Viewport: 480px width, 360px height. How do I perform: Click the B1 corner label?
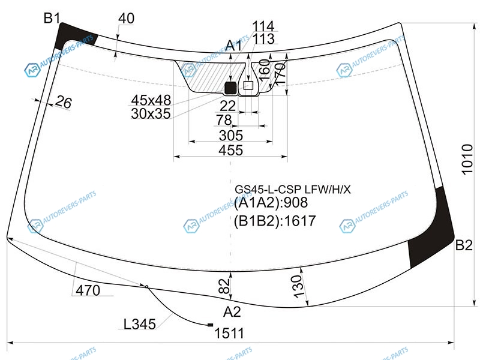coord(52,18)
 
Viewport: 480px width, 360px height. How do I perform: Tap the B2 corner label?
coord(464,245)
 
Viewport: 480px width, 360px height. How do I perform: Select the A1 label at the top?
coord(234,44)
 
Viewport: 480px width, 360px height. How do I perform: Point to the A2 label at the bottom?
coord(232,311)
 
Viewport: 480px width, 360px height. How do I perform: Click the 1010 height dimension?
coord(467,160)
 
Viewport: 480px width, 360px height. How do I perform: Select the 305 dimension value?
coord(230,135)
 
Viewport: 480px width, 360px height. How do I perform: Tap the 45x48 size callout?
coord(151,100)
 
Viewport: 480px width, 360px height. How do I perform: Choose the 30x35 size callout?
coord(151,113)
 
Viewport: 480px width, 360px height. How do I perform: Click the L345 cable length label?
coord(140,325)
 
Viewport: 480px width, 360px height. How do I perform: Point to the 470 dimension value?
coord(88,291)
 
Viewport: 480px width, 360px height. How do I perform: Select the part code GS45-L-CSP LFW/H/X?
coord(293,190)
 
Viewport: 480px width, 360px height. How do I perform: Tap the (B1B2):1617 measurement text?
coord(274,221)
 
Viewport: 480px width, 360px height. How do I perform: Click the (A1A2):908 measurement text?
coord(271,204)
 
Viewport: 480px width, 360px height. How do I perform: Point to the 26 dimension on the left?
coord(63,103)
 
